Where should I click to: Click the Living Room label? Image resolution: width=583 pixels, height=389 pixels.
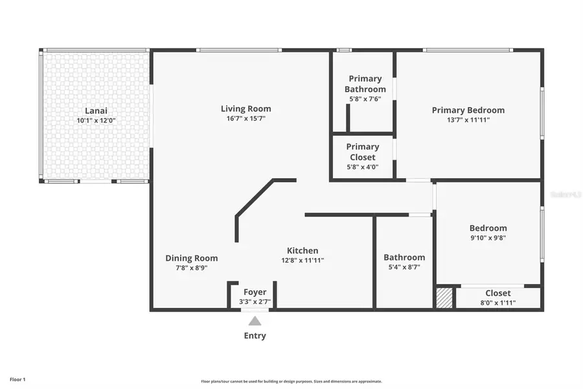(246, 109)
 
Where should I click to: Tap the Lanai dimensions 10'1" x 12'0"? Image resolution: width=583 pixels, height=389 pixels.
(96, 121)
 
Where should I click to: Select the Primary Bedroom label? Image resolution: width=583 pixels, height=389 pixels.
(468, 110)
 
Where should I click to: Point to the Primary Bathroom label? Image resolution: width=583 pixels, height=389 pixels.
(365, 84)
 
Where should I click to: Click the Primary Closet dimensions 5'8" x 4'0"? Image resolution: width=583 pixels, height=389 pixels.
(362, 167)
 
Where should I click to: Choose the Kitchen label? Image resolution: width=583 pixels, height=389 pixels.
(303, 251)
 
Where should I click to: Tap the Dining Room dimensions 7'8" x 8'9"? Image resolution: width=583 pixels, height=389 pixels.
(191, 267)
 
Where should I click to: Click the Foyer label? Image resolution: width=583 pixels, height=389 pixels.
(254, 292)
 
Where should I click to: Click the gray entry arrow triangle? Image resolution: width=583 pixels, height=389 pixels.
(255, 321)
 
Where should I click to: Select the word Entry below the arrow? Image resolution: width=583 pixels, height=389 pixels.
(255, 336)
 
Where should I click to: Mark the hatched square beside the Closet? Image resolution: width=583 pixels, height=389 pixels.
(444, 298)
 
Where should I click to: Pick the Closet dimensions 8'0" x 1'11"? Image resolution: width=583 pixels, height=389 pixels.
(497, 302)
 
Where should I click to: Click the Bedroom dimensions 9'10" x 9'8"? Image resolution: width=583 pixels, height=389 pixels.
(488, 238)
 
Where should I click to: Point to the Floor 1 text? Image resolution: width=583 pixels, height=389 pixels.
(17, 379)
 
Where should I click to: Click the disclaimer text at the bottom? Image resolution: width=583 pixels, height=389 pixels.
(291, 381)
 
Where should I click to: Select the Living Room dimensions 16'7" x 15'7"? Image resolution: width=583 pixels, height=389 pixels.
(246, 119)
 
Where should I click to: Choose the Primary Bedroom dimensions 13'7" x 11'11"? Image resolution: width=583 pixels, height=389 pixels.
(468, 120)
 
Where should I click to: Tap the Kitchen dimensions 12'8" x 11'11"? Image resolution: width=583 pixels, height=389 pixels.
(303, 261)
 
